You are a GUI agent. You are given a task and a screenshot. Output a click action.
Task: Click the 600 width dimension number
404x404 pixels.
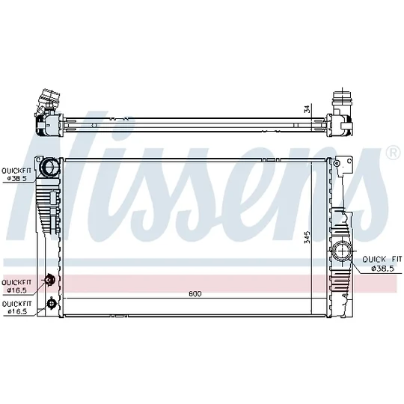195,294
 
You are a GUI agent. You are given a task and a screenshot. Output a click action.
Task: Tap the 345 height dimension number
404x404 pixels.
307,237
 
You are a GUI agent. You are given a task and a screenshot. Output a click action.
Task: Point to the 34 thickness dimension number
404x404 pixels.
307,109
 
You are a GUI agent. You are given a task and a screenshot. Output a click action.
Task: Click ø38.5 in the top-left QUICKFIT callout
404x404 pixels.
17,178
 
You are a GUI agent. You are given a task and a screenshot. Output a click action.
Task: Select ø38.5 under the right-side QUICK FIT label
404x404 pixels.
382,269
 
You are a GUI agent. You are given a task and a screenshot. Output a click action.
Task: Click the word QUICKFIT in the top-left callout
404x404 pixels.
16,171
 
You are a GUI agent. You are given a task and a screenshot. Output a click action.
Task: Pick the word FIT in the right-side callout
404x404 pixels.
397,259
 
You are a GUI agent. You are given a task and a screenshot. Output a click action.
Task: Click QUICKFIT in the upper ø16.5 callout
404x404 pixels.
16,282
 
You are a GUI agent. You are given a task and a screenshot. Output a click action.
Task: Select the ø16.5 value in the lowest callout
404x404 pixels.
17,311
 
